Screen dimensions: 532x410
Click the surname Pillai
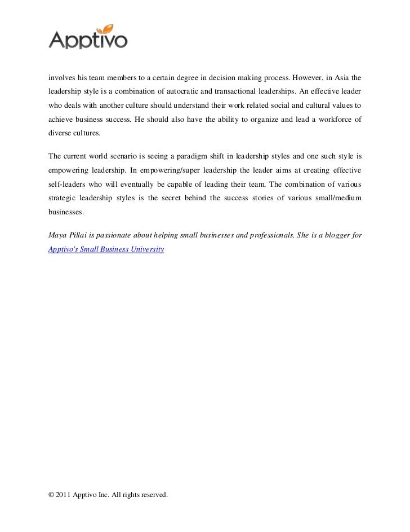click(x=79, y=234)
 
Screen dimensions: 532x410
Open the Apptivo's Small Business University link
click(x=106, y=249)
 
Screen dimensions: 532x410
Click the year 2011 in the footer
click(x=64, y=495)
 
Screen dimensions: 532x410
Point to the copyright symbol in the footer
click(x=51, y=495)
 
